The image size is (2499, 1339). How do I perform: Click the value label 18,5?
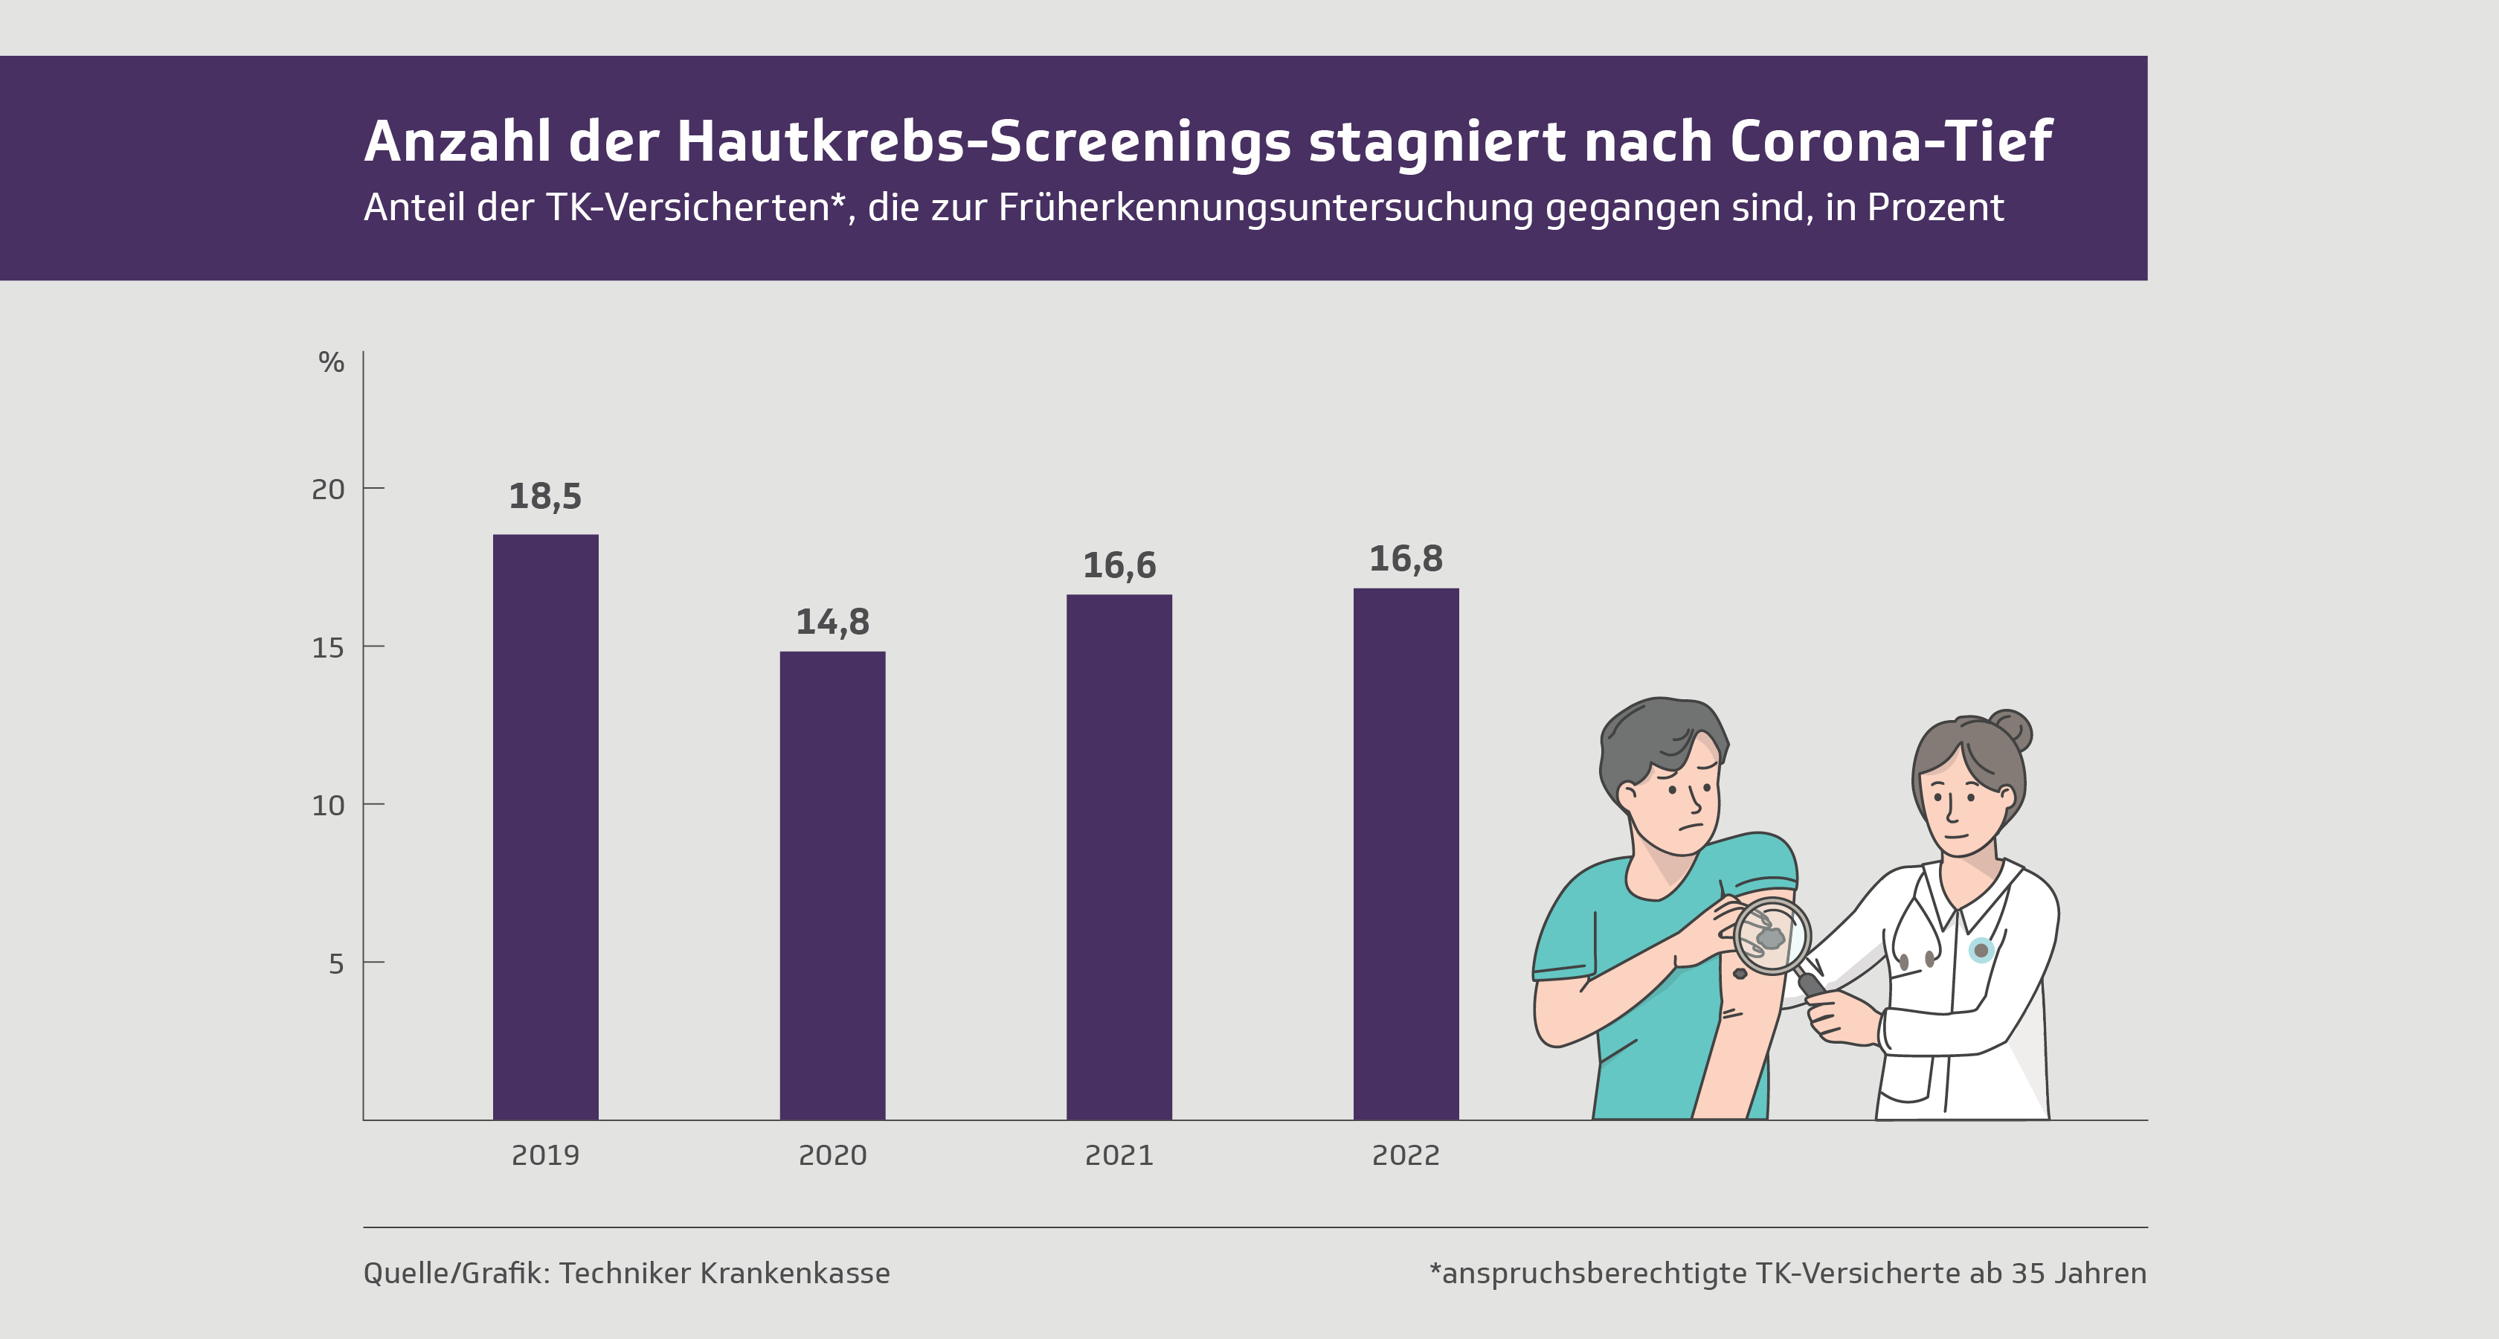point(545,497)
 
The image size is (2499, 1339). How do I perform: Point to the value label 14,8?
point(832,622)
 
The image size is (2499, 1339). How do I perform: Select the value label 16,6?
point(1119,565)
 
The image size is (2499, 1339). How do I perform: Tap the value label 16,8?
point(1406,559)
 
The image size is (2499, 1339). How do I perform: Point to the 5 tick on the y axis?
point(335,963)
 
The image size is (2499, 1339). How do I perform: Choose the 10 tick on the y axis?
point(328,806)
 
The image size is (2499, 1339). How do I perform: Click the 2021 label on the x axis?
point(1119,1155)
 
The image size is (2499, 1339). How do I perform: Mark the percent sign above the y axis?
point(331,363)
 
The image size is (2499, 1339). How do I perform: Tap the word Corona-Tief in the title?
point(1890,141)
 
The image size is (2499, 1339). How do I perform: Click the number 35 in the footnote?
point(2028,1273)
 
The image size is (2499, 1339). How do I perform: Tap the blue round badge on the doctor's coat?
point(1981,950)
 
